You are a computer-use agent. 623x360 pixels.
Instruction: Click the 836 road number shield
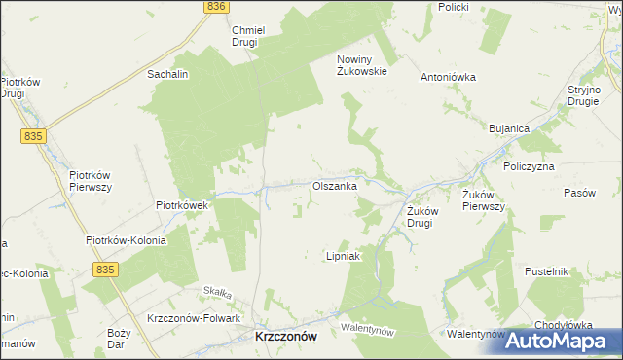coord(216,6)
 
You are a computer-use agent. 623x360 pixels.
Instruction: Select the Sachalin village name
coord(166,73)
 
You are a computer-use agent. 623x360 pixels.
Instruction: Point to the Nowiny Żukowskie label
coord(363,64)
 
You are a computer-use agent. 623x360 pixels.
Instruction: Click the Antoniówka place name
coord(446,77)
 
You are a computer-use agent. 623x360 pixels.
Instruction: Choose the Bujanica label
coord(508,128)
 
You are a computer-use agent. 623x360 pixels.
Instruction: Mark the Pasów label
coord(579,193)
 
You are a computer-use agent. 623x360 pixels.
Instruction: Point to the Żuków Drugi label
coord(419,216)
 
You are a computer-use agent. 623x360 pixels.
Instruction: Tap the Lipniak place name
coord(343,257)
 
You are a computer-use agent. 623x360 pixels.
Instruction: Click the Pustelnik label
coord(545,271)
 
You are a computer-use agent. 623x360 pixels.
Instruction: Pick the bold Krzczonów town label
coord(285,335)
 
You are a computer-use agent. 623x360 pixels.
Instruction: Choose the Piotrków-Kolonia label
coord(126,240)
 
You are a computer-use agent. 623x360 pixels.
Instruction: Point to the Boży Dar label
coord(119,338)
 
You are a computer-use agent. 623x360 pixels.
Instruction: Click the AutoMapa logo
coord(564,340)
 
